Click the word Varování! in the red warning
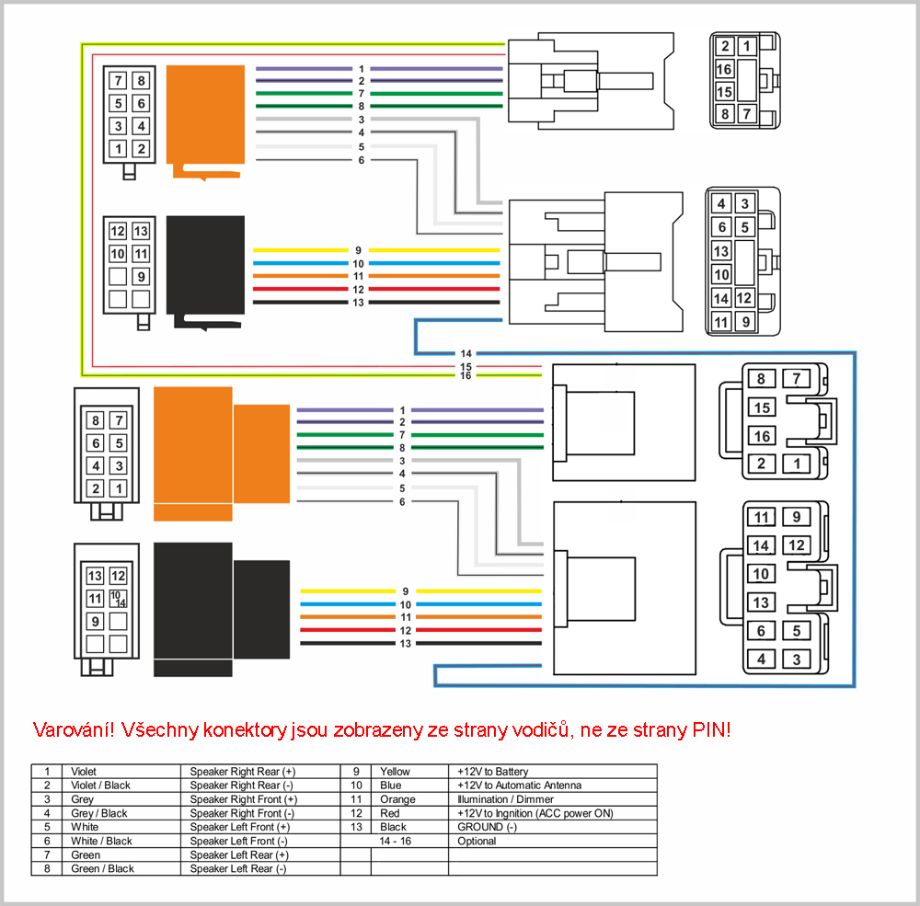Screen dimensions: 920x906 [74, 730]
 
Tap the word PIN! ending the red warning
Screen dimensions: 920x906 [712, 730]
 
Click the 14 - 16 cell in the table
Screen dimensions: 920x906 [395, 841]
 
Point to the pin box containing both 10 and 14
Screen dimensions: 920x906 [118, 599]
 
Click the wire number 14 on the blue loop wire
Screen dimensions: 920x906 [466, 353]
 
